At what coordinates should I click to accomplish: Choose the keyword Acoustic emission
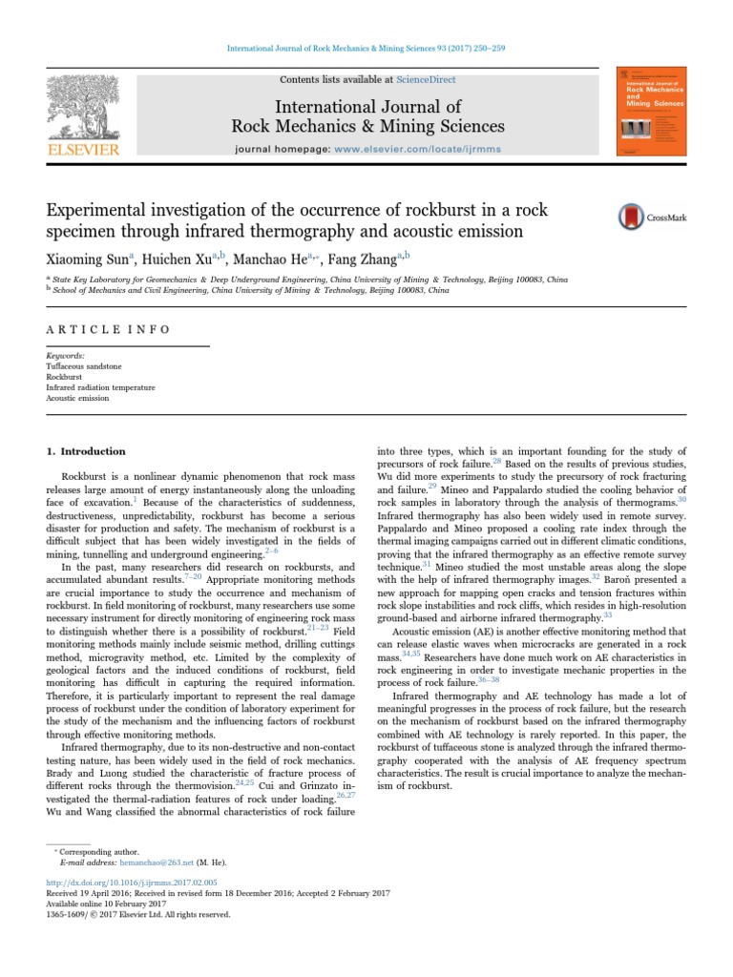77,398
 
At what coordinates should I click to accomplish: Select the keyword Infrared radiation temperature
100,387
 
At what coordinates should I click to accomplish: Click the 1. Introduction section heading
87,451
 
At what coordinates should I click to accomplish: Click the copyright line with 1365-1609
138,914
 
